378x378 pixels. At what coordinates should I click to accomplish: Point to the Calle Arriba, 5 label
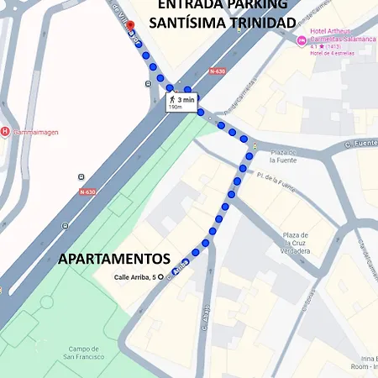[134, 276]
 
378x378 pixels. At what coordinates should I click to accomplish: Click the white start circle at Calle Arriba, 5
[161, 276]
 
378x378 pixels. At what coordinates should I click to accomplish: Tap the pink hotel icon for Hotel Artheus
[302, 40]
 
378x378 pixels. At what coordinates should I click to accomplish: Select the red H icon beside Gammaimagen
[6, 131]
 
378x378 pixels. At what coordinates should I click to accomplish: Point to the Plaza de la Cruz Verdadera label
[301, 242]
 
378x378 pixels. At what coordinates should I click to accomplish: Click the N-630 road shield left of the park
[87, 192]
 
